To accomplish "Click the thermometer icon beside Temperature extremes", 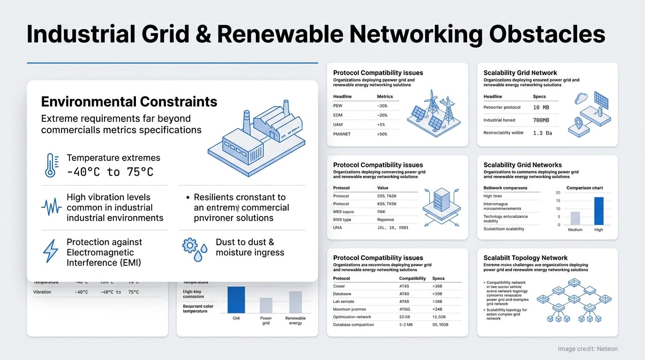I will pyautogui.click(x=50, y=165).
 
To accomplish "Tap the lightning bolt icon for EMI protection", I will pyautogui.click(x=50, y=251).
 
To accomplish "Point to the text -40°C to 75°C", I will pyautogui.click(x=110, y=172).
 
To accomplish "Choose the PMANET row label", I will pyautogui.click(x=342, y=134).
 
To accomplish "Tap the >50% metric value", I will pyautogui.click(x=382, y=134).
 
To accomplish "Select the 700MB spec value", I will pyautogui.click(x=540, y=120).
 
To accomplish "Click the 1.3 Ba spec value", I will pyautogui.click(x=542, y=133).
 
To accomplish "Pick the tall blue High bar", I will pyautogui.click(x=599, y=211).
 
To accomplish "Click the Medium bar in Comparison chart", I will pyautogui.click(x=575, y=218).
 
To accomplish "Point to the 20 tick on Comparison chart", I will pyautogui.click(x=558, y=193).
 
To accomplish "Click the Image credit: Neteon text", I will pyautogui.click(x=587, y=349).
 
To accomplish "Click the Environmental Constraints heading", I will pyautogui.click(x=129, y=102).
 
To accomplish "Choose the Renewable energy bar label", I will pyautogui.click(x=295, y=321).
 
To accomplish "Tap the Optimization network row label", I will pyautogui.click(x=352, y=317).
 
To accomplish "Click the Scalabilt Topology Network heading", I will pyautogui.click(x=525, y=258).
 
